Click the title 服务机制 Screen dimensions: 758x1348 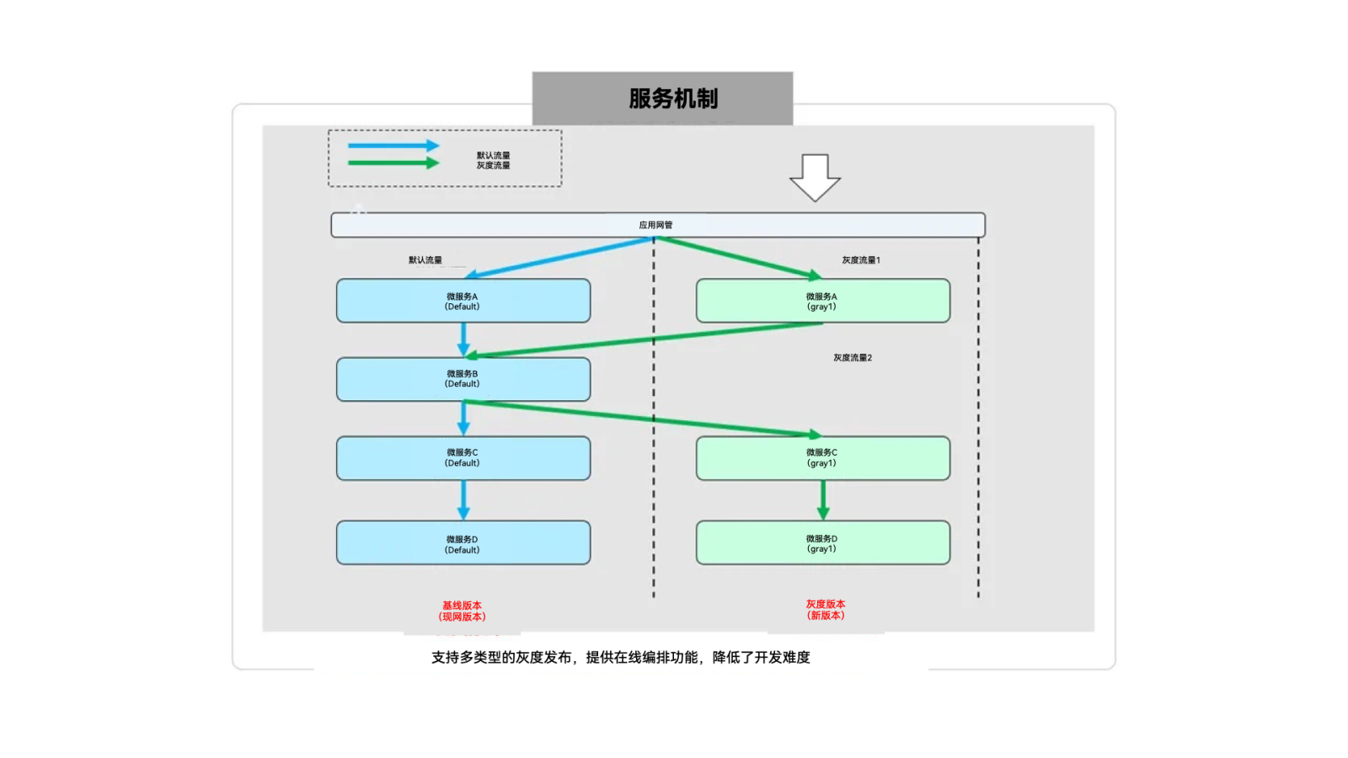click(x=672, y=99)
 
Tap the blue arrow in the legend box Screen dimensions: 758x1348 click(x=393, y=146)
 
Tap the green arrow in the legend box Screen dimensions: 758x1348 click(x=393, y=163)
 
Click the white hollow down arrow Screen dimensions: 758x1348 click(x=815, y=176)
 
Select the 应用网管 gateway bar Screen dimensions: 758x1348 click(x=657, y=225)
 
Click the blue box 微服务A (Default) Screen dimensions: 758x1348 click(x=463, y=301)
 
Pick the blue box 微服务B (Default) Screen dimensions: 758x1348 click(x=463, y=379)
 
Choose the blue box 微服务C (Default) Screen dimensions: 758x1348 click(x=463, y=458)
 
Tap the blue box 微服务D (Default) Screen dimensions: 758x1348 click(x=463, y=543)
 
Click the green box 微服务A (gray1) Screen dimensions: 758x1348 click(x=822, y=301)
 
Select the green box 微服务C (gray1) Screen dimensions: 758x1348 click(x=822, y=458)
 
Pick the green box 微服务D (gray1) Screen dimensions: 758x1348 click(x=822, y=543)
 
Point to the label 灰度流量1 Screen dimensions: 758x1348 click(x=860, y=260)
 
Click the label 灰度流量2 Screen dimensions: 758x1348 click(x=852, y=358)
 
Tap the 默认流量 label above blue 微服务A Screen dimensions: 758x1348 click(x=425, y=260)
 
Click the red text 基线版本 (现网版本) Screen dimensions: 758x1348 click(x=462, y=611)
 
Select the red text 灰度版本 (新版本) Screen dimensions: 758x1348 click(x=825, y=610)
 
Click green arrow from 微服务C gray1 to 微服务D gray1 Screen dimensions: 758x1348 click(x=823, y=499)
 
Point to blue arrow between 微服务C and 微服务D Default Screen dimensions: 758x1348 click(x=463, y=499)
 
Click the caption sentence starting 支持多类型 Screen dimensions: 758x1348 click(x=620, y=657)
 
